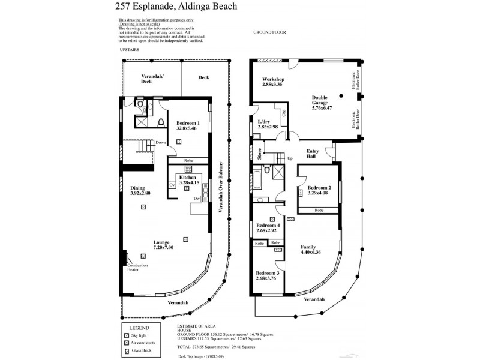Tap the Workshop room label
pos(272,82)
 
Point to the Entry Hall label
pos(313,154)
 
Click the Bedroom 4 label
pos(267,227)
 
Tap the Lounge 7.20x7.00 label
pos(163,244)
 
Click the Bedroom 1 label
pos(187,125)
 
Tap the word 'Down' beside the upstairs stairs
pos(160,143)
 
